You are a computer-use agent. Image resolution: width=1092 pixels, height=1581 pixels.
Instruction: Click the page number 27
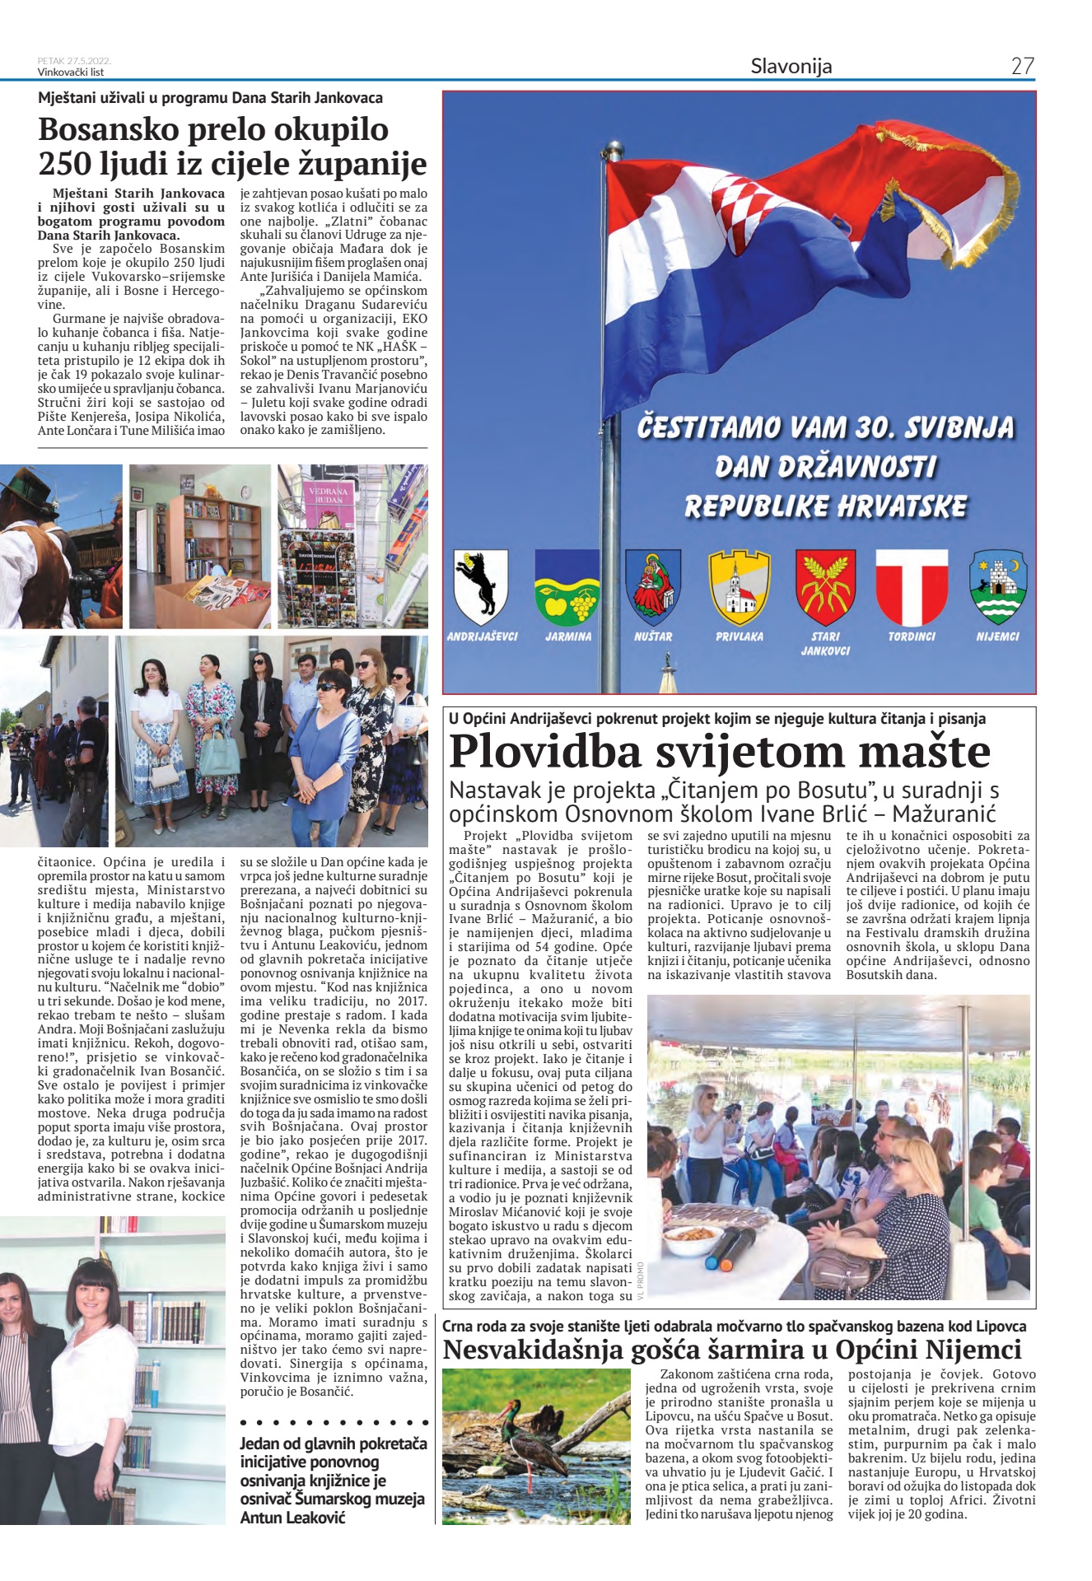(x=1022, y=67)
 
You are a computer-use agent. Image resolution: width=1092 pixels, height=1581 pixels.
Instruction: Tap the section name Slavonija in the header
(x=791, y=67)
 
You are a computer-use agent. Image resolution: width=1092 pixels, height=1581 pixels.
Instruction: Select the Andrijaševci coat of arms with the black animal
(x=481, y=587)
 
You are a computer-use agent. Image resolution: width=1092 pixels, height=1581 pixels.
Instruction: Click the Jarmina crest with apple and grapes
(x=567, y=587)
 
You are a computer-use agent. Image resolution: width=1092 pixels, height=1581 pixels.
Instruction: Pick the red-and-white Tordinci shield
(x=911, y=587)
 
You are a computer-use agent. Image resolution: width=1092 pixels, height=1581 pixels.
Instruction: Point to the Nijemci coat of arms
(x=997, y=587)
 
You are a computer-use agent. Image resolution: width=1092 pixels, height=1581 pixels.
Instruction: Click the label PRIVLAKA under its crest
(x=739, y=637)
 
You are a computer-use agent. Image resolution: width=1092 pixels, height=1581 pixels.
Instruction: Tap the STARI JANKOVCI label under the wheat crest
(x=825, y=643)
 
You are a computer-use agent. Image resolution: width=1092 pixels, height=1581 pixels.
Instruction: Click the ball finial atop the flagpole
(x=612, y=150)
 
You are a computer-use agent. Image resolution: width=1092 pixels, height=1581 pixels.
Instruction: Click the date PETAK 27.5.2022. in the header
(x=74, y=61)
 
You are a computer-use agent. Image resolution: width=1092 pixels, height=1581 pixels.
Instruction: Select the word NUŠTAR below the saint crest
(x=653, y=637)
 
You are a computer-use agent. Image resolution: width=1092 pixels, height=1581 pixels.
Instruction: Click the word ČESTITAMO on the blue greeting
(x=708, y=427)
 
